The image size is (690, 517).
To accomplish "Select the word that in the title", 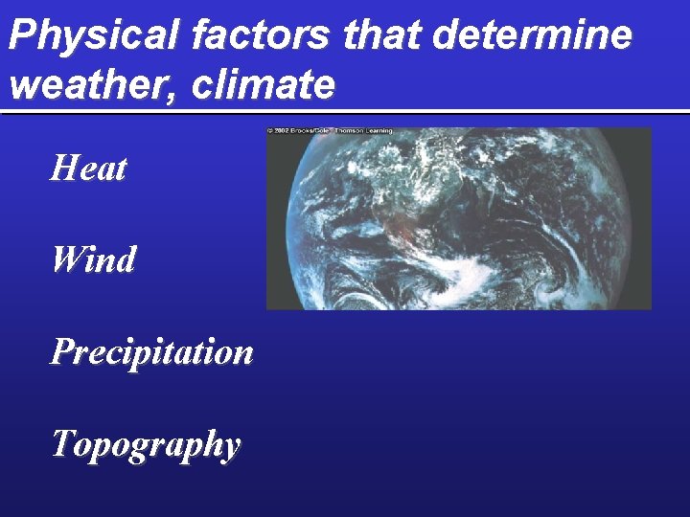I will pyautogui.click(x=379, y=36).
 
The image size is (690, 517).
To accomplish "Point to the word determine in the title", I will pyautogui.click(x=532, y=36).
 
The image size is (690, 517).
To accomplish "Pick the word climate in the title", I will pyautogui.click(x=264, y=85).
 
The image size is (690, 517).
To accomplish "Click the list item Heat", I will pyautogui.click(x=89, y=169).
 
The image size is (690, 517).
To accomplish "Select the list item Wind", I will pyautogui.click(x=94, y=259).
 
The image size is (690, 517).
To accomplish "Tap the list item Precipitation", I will pyautogui.click(x=152, y=352).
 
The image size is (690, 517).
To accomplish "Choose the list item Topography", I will pyautogui.click(x=146, y=444).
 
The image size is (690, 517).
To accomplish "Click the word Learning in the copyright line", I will pyautogui.click(x=381, y=131).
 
